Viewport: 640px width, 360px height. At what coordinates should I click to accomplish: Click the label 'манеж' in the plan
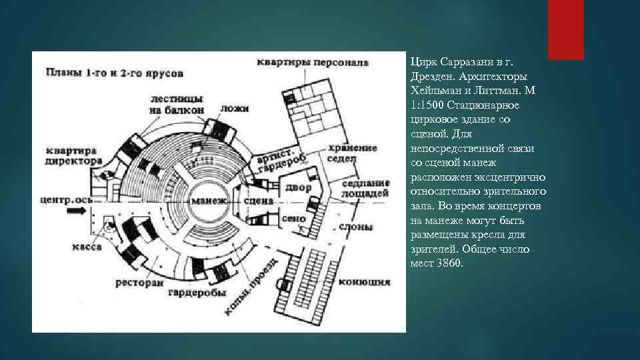(x=208, y=201)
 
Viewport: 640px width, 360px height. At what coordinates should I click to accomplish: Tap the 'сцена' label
(x=259, y=201)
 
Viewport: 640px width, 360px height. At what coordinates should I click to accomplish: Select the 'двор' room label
(x=299, y=188)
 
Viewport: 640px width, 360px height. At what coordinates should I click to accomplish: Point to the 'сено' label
(x=294, y=219)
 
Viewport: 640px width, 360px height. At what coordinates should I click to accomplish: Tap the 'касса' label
(x=87, y=247)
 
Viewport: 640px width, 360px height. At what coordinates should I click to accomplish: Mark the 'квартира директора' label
(x=73, y=155)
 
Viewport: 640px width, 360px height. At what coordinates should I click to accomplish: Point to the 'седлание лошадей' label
(x=365, y=188)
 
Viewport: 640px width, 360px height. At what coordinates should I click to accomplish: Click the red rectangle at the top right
(x=566, y=29)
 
